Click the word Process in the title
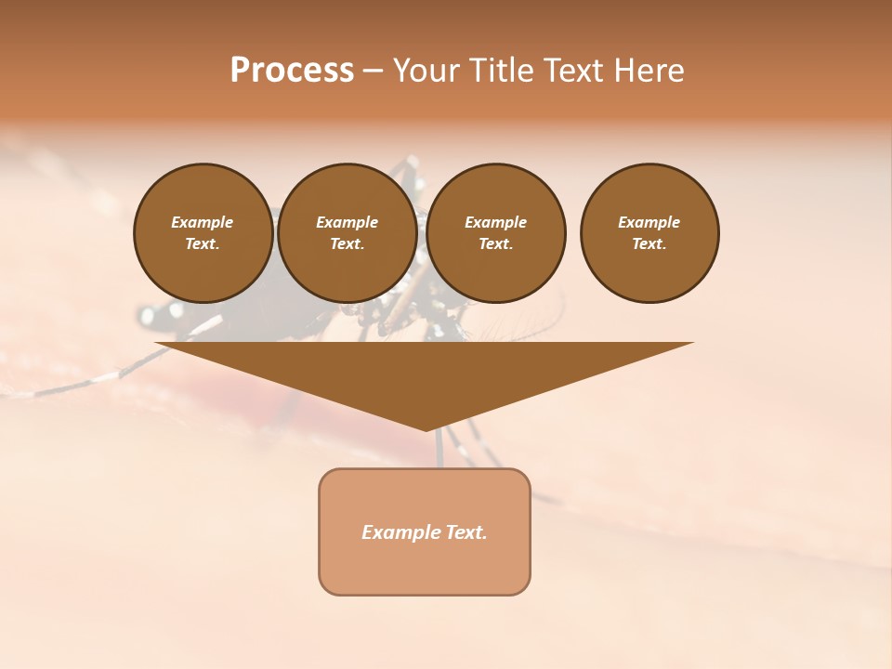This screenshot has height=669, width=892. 292,71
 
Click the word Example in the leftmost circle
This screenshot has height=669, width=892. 203,222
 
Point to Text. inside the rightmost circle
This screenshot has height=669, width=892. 649,244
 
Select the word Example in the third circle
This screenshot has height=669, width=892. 495,222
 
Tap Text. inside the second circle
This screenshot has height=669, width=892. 347,244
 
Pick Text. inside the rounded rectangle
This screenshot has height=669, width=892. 466,532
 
